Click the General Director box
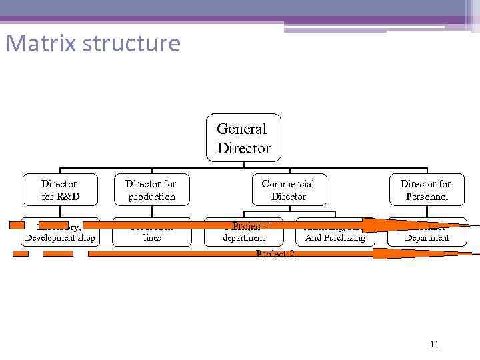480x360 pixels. tap(243, 138)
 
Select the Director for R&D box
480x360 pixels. tap(59, 189)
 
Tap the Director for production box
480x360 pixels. tap(151, 189)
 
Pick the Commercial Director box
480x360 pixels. tap(288, 189)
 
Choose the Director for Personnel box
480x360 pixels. tap(426, 189)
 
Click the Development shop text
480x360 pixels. tap(60, 238)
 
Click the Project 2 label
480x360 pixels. tap(275, 254)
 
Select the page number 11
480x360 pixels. tap(434, 344)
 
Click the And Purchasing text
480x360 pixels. tap(335, 238)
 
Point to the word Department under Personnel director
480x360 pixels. tap(427, 238)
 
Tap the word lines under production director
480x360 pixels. tap(152, 238)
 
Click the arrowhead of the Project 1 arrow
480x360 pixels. tap(380, 225)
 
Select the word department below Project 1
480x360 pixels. tap(243, 238)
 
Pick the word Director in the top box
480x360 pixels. tap(244, 148)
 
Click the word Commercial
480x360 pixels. tap(288, 183)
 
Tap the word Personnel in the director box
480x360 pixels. tap(427, 197)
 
